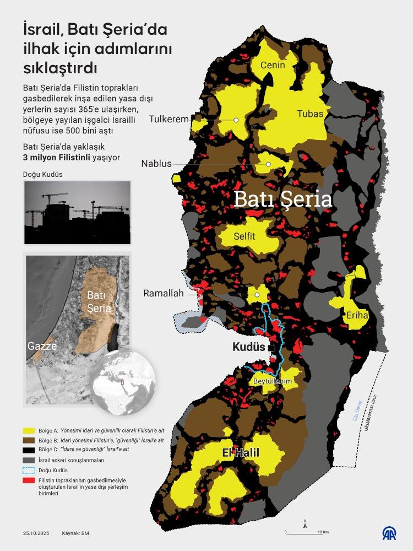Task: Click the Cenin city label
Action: coord(273,65)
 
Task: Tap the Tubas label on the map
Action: coord(310,114)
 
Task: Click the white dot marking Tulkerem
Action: coord(236,120)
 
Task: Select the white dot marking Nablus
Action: coord(268,164)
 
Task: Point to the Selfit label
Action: coord(244,236)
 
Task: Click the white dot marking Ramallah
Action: coord(257,295)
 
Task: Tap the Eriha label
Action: coord(357,316)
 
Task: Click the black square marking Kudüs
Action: coord(271,348)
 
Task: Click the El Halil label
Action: coord(241,453)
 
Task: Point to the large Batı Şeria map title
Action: coord(282,199)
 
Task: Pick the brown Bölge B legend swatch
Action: coord(29,440)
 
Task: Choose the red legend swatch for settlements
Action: coord(29,481)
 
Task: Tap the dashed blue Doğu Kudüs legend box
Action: coord(29,470)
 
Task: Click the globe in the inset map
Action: coord(123,383)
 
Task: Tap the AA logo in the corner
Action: coord(389,533)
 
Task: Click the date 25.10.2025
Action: coord(36,533)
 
